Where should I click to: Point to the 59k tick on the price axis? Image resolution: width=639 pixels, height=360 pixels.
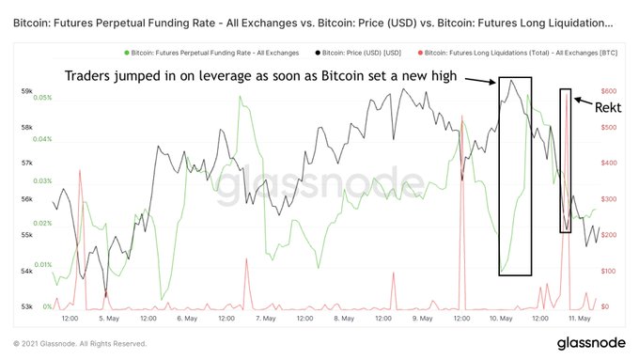26,91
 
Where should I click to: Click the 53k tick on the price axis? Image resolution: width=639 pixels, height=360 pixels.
26,306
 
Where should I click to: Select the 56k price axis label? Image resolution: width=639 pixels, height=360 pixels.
26,199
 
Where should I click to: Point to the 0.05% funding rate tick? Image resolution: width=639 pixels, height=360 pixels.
41,98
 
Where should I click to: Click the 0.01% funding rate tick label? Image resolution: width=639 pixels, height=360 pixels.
41,265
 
